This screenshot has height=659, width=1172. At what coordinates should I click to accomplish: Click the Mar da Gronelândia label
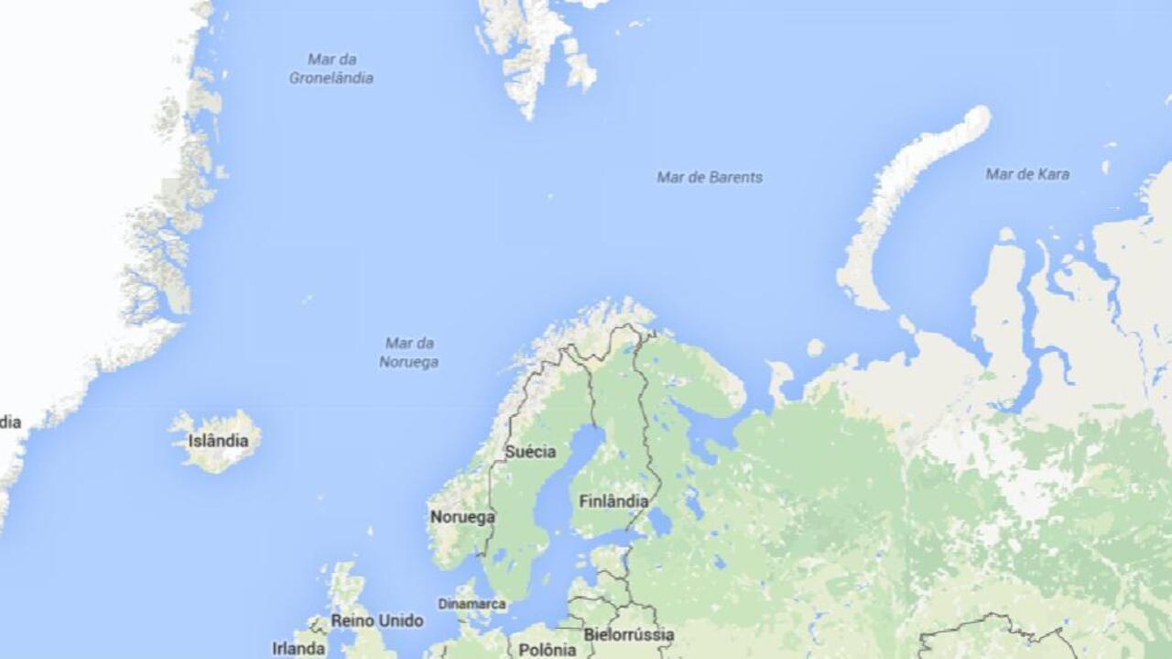[331, 69]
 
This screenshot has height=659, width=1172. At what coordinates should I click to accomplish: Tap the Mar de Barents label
[709, 177]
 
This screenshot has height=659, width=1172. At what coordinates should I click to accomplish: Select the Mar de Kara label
[1026, 173]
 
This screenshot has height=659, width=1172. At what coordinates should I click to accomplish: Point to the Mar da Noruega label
[408, 352]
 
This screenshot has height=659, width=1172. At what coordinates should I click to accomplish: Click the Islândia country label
[218, 441]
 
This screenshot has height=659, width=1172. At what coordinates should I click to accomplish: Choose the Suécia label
[530, 452]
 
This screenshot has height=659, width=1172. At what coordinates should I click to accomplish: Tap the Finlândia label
[613, 501]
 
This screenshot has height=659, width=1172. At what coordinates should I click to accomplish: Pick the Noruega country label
[461, 517]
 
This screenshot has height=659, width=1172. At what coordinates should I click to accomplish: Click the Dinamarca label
[472, 604]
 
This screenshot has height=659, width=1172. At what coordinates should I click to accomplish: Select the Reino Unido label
[376, 621]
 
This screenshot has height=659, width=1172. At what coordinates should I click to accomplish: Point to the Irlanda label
[298, 648]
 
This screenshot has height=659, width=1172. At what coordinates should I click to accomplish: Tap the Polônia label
[548, 650]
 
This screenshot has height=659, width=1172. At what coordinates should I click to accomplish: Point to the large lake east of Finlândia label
[658, 522]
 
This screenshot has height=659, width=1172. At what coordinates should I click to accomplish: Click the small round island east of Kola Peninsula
[814, 348]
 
